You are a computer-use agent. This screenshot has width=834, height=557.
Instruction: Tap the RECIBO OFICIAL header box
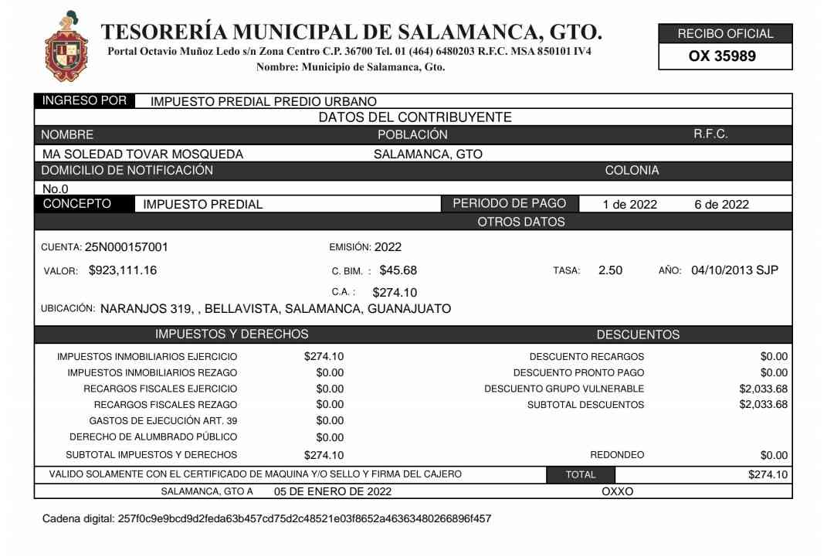[x=725, y=34]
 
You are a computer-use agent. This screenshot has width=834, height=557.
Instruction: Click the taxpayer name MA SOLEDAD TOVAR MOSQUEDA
[x=143, y=154]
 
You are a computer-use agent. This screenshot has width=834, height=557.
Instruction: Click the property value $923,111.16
[x=123, y=270]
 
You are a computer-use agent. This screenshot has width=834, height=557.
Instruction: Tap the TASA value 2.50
[x=610, y=270]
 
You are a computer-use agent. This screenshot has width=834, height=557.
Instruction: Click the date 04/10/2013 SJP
[x=734, y=270]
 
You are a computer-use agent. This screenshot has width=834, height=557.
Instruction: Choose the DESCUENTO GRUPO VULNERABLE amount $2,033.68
[x=763, y=389]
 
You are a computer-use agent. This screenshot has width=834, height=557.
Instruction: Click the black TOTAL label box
[x=581, y=474]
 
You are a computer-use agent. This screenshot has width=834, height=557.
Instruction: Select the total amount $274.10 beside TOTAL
[x=768, y=474]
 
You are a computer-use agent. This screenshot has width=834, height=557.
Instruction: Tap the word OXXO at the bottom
[x=617, y=491]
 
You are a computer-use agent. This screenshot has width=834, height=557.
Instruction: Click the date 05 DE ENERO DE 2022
[x=333, y=491]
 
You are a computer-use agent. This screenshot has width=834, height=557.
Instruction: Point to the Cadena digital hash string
[x=304, y=518]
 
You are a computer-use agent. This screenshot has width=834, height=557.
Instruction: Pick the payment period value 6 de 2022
[x=721, y=205]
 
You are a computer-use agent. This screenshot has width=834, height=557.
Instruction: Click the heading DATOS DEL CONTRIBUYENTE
[x=415, y=117]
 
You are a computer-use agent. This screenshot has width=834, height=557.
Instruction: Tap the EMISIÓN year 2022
[x=388, y=247]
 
